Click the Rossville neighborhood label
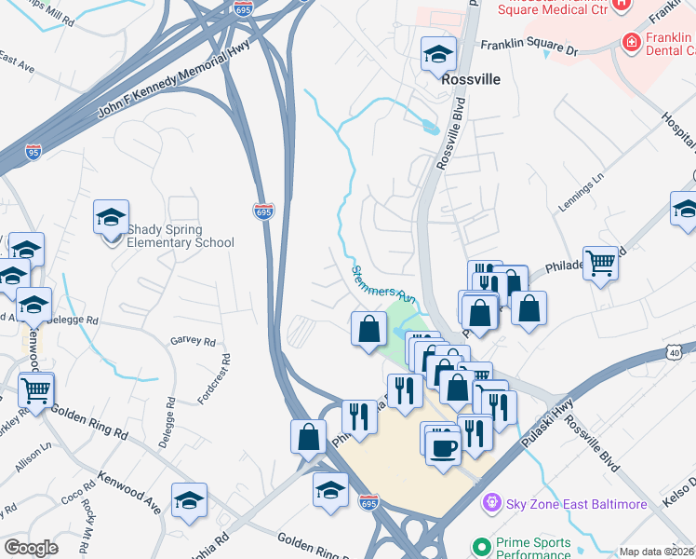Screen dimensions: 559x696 pos(470,79)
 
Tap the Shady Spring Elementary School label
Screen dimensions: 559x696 pos(181,236)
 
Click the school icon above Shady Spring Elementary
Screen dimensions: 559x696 pos(111,218)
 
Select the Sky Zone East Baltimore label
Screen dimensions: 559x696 pos(576,504)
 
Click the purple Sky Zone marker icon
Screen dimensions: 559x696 pos(492,504)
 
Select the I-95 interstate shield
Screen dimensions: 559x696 pos(33,151)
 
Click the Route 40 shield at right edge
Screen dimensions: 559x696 pos(676,350)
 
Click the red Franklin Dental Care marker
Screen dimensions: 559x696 pos(632,42)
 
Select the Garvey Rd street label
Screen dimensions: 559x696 pos(193,341)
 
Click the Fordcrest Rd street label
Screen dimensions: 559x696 pos(214,379)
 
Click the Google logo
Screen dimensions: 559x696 pos(32,548)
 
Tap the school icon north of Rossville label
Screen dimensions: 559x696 pos(437,54)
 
